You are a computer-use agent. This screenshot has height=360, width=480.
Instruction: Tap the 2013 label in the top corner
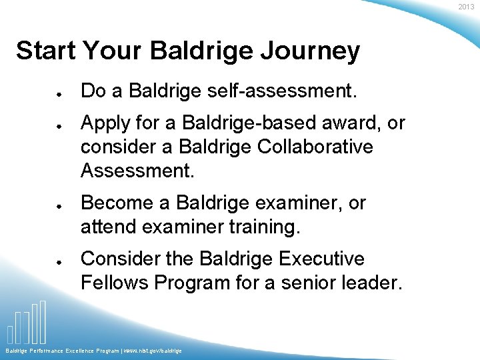[x=466, y=7]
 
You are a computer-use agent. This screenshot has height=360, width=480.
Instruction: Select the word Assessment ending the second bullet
[x=137, y=171]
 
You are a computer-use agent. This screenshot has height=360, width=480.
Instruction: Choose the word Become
[x=116, y=203]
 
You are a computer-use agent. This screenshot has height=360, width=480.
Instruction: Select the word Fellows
[x=114, y=283]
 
